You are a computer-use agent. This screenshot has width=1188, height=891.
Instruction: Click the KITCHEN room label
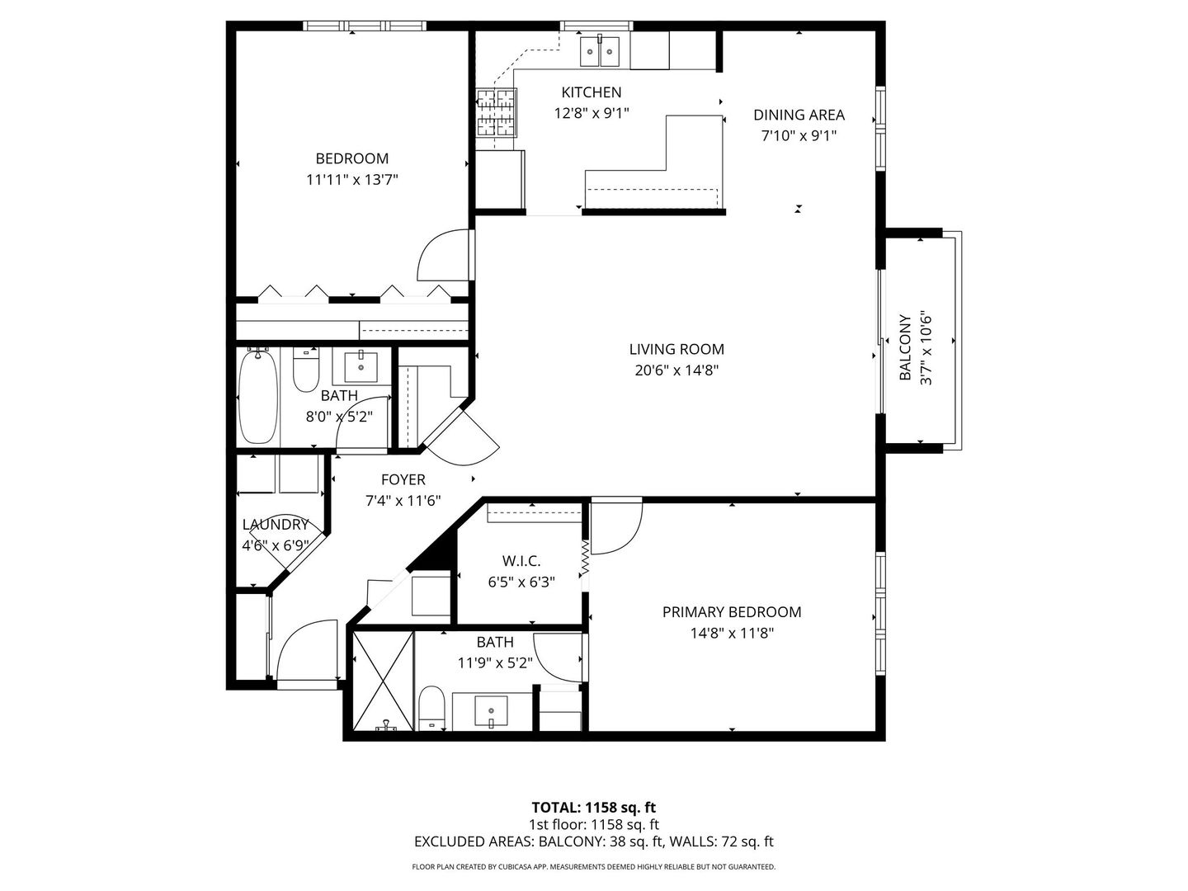pyautogui.click(x=591, y=92)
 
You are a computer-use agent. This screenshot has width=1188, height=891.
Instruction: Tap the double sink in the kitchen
pyautogui.click(x=600, y=52)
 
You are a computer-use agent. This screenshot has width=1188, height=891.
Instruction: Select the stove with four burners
pyautogui.click(x=497, y=111)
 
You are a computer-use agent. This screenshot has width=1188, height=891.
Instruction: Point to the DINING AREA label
pyautogui.click(x=799, y=115)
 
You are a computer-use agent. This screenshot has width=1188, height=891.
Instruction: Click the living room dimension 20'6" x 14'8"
pyautogui.click(x=676, y=371)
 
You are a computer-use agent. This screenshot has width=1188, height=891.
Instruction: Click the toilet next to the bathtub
pyautogui.click(x=306, y=372)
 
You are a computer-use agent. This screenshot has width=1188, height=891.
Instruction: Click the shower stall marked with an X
pyautogui.click(x=382, y=681)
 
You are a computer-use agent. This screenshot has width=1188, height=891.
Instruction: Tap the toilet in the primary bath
pyautogui.click(x=431, y=708)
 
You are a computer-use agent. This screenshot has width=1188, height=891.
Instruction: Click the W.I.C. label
pyautogui.click(x=521, y=561)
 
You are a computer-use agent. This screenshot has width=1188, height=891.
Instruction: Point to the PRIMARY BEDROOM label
pyautogui.click(x=732, y=612)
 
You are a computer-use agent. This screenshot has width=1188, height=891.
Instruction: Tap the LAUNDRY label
pyautogui.click(x=276, y=525)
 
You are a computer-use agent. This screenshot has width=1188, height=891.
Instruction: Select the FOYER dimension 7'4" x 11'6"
pyautogui.click(x=403, y=501)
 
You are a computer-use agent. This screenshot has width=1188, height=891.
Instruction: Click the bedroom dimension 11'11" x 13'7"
pyautogui.click(x=352, y=180)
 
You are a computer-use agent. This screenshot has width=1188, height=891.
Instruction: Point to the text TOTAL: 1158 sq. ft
pyautogui.click(x=593, y=807)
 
